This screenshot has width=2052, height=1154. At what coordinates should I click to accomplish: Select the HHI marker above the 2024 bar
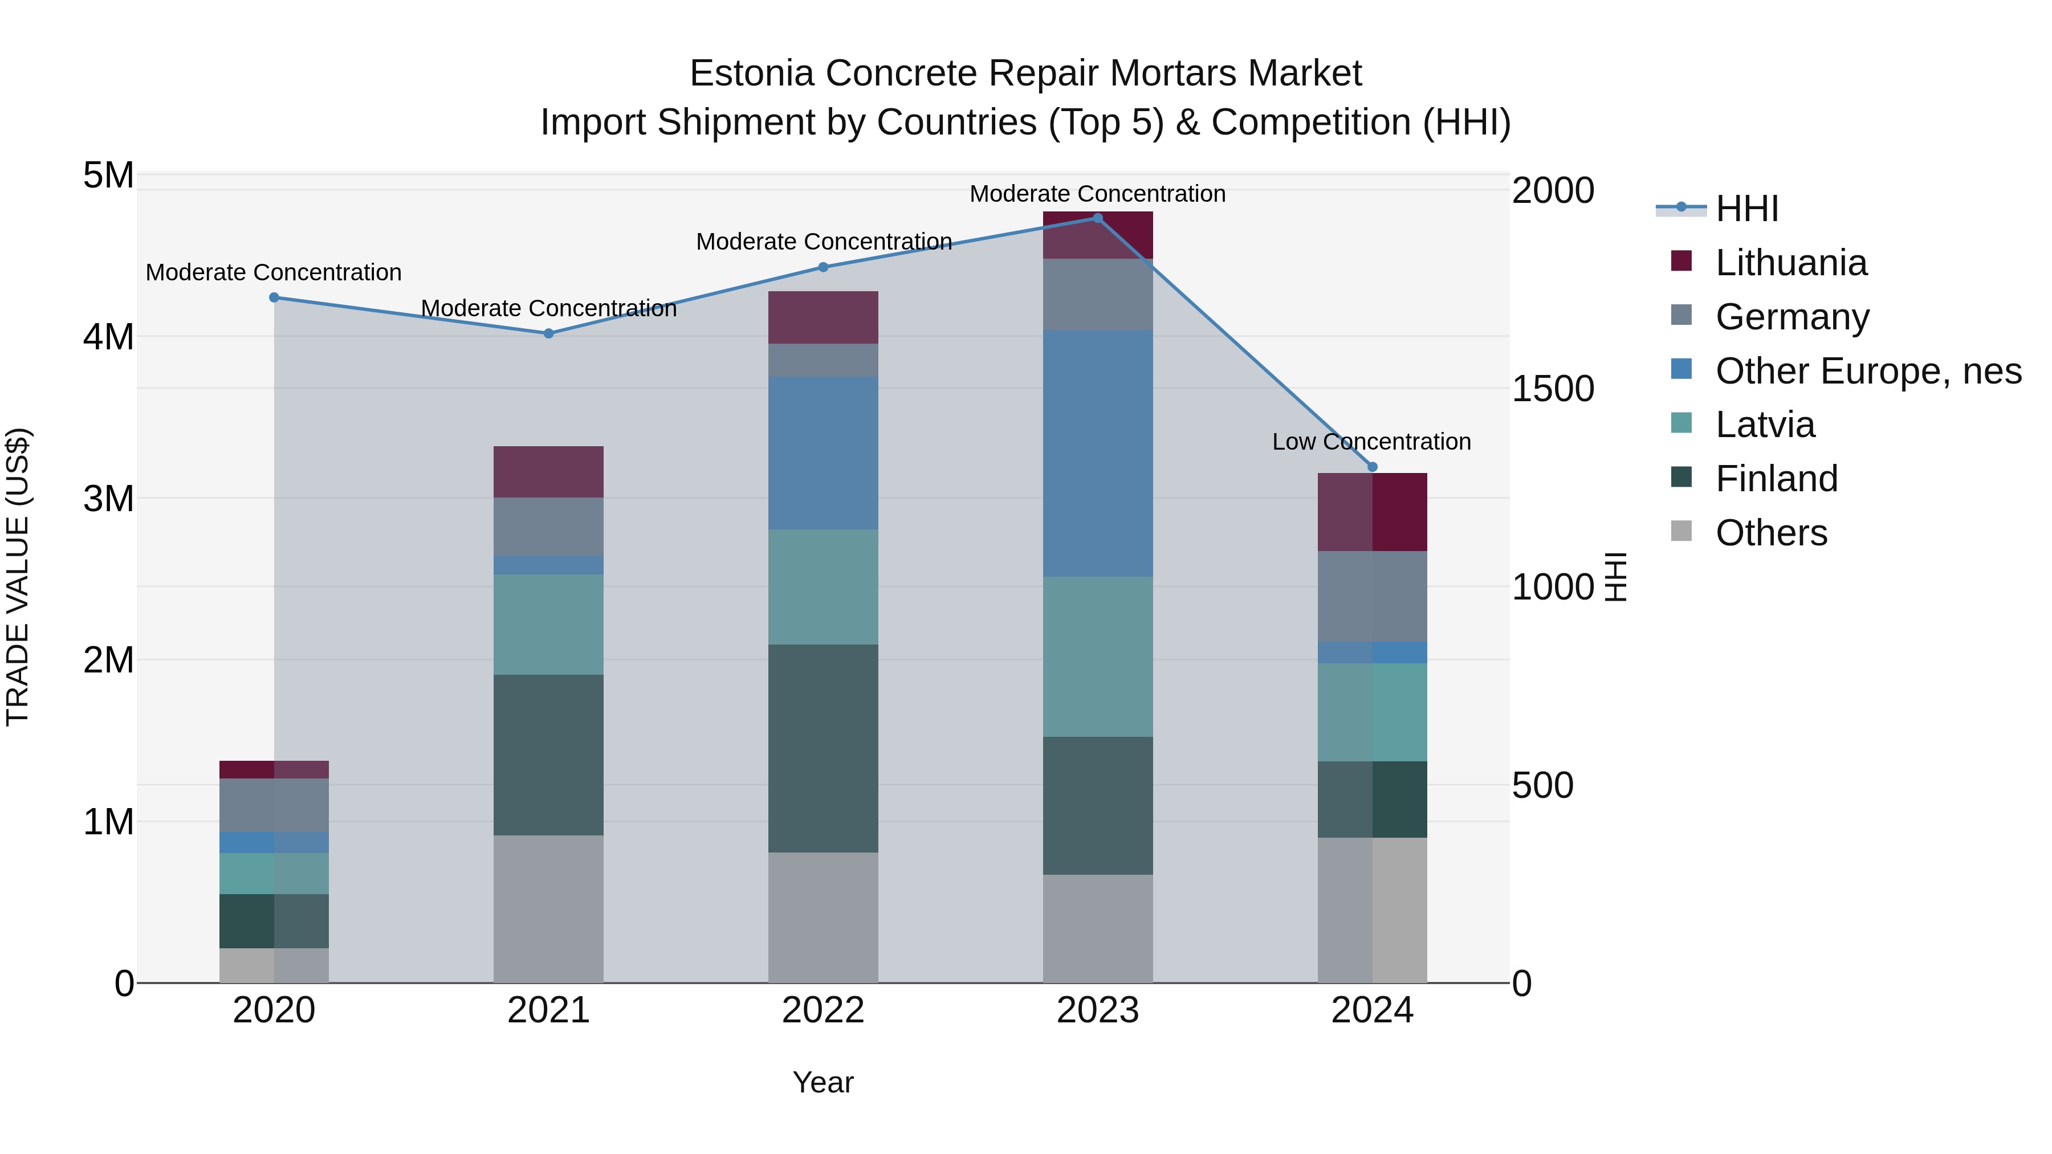click(1372, 467)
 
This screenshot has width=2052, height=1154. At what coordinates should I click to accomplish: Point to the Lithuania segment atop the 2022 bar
click(823, 317)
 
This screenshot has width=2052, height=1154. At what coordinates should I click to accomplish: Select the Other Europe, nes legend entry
click(1867, 371)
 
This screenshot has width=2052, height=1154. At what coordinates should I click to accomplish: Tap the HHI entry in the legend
click(1746, 209)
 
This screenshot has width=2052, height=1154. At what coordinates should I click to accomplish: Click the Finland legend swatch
click(1681, 478)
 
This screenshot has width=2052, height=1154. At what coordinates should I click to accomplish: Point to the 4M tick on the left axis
click(108, 337)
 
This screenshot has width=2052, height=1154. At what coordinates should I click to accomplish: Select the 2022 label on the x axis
click(823, 1010)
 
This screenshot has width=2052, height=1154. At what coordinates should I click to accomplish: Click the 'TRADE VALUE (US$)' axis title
click(18, 577)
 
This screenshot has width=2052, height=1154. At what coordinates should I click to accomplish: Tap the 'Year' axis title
click(823, 1082)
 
